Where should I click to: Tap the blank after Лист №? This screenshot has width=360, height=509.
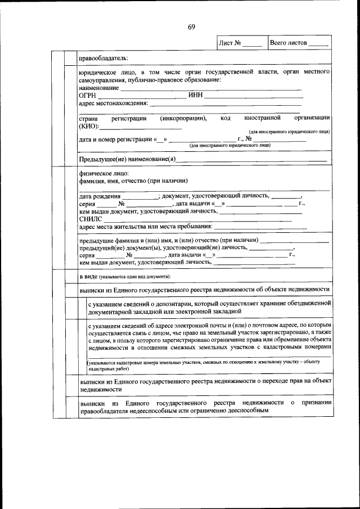(253, 43)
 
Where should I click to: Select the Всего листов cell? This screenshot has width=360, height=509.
(299, 43)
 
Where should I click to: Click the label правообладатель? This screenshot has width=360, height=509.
(103, 58)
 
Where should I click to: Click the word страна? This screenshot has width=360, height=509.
(88, 119)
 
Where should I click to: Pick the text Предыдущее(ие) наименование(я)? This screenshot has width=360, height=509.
(127, 160)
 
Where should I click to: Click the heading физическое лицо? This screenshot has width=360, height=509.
(104, 173)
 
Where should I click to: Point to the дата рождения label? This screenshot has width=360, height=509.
(100, 196)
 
